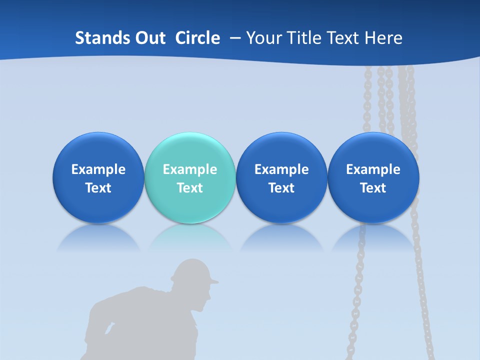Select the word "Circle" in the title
tap(197, 38)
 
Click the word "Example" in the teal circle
tap(190, 169)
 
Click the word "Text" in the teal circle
tap(190, 188)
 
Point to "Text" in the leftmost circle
tap(98, 188)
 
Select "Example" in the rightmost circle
tap(373, 169)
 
